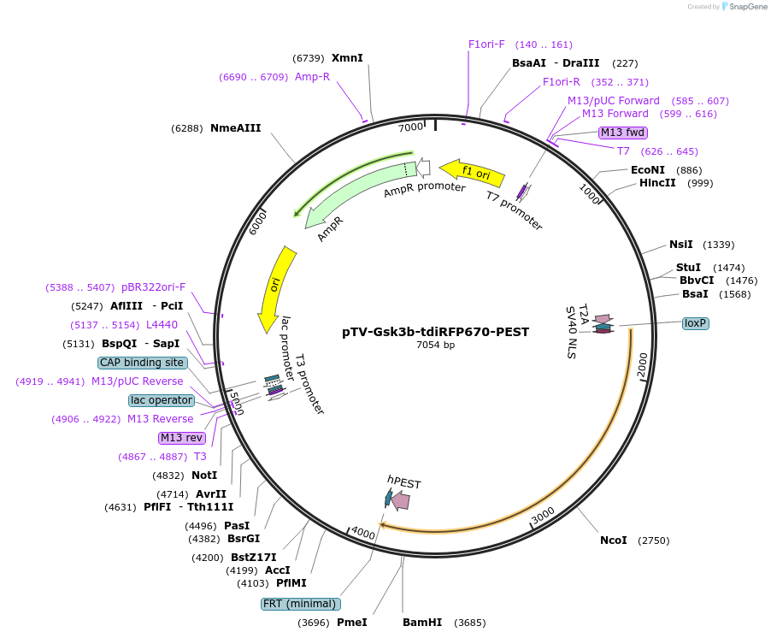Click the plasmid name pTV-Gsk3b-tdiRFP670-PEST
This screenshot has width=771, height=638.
(435, 331)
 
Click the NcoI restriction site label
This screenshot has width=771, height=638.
(613, 541)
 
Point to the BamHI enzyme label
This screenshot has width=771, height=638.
(422, 623)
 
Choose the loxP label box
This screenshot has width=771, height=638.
(695, 323)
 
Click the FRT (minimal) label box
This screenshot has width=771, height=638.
(299, 604)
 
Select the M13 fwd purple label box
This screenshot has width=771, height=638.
(622, 133)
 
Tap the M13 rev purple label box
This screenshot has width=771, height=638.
(182, 438)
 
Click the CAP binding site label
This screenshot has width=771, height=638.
(142, 363)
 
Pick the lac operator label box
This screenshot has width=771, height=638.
(162, 400)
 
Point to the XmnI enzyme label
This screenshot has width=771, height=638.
(347, 58)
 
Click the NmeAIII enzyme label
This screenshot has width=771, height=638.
(235, 128)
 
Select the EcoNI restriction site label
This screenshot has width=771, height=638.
(647, 170)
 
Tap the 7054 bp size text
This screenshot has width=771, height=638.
(435, 346)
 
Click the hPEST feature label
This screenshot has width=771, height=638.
(403, 483)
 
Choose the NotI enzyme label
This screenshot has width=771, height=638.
(204, 476)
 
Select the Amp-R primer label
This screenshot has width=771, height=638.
(312, 77)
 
